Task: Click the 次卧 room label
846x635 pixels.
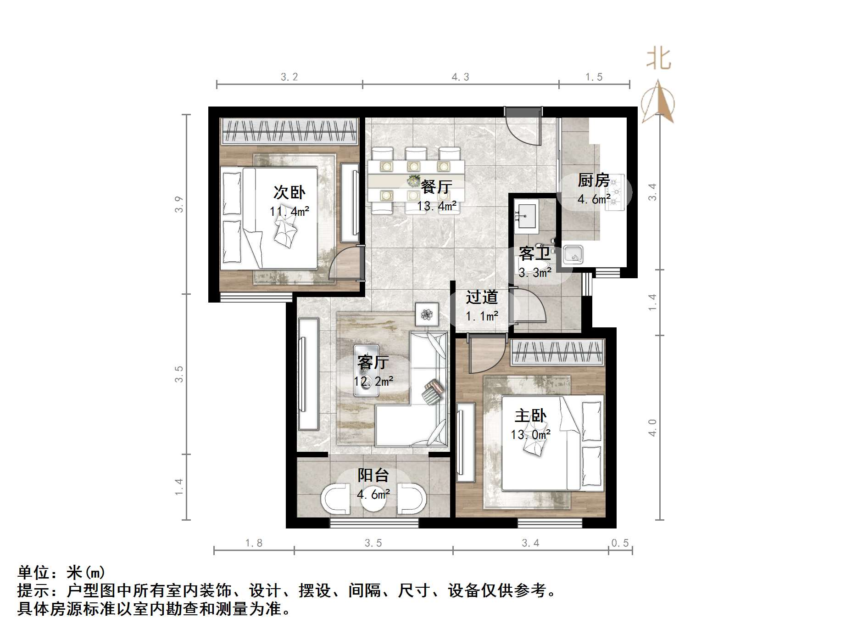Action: [289, 192]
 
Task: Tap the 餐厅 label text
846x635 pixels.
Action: [436, 186]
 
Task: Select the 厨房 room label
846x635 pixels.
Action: [594, 180]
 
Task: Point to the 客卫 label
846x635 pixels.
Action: [534, 253]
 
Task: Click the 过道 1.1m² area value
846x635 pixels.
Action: [482, 316]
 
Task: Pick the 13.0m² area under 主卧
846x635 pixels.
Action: [531, 434]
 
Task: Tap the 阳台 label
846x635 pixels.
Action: [373, 475]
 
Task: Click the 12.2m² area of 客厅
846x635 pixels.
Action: [373, 381]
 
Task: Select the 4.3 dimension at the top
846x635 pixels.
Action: [460, 77]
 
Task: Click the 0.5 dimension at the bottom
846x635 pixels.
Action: [620, 543]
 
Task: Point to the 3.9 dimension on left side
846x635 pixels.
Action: [179, 204]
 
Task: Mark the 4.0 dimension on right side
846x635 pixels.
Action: [652, 427]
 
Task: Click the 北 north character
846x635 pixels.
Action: [659, 59]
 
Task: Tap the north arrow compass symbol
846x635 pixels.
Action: [658, 103]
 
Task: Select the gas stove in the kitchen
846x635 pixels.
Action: [615, 192]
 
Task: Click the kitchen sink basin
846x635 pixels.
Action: [573, 254]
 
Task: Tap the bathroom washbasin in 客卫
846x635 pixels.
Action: [526, 214]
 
